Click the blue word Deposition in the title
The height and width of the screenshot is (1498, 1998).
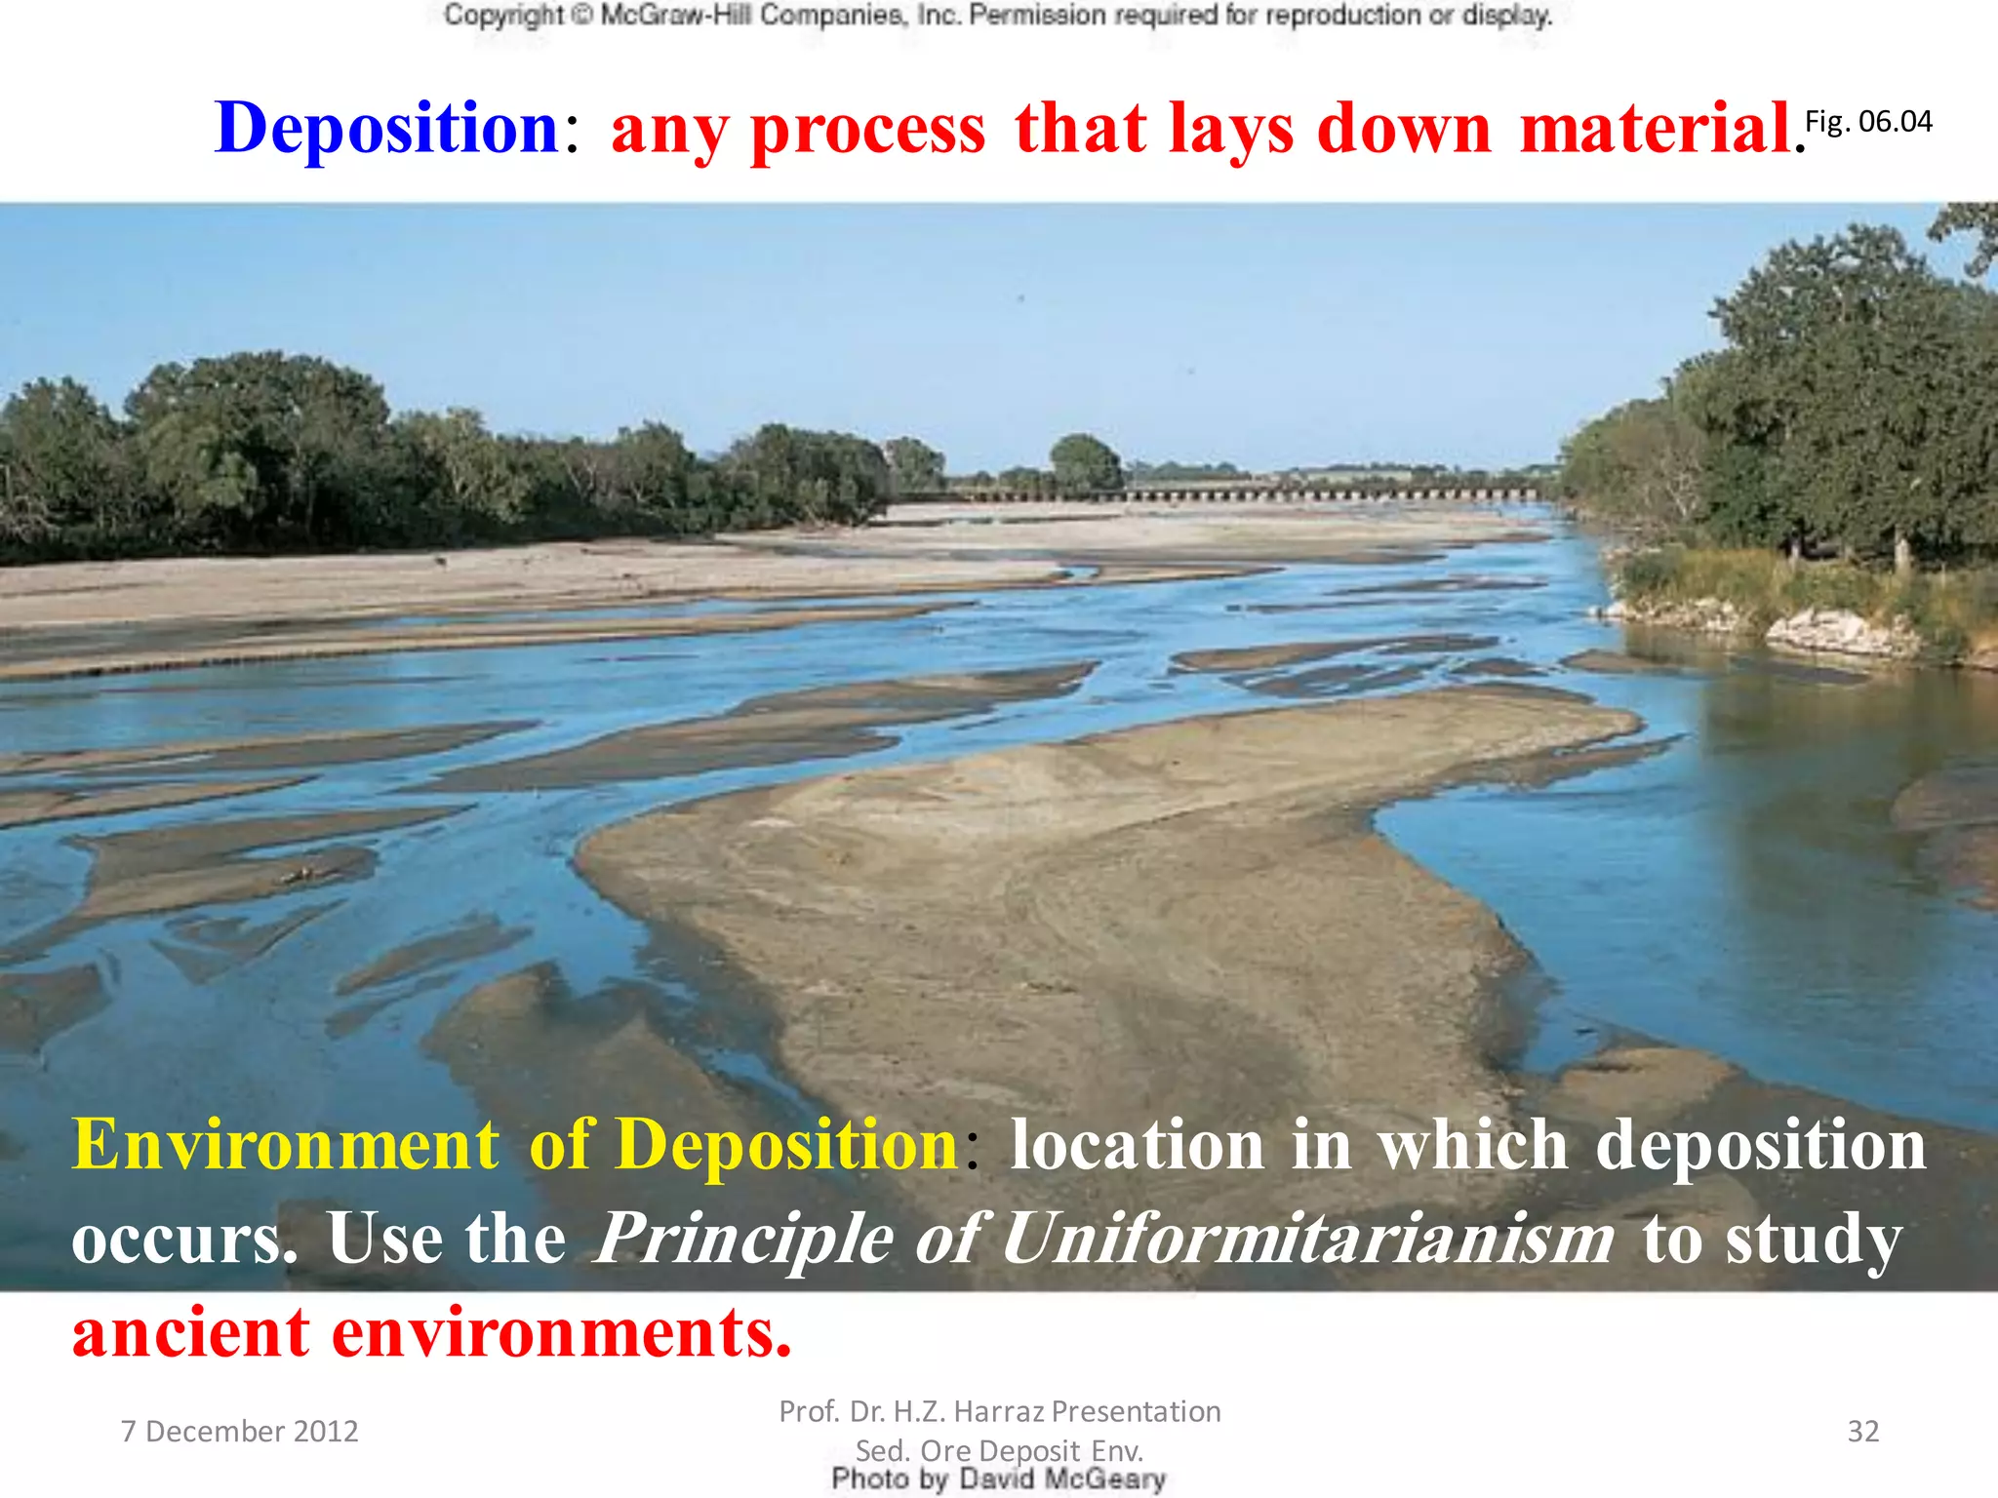pos(386,129)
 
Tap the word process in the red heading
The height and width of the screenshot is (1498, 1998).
pos(867,131)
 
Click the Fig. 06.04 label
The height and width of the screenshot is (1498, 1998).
pos(1868,122)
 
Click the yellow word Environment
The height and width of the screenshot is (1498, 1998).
pos(285,1144)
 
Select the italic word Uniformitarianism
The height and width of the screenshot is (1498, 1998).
pos(1307,1239)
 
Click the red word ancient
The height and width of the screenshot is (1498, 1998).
pos(191,1333)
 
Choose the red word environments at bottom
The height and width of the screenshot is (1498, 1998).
pos(561,1333)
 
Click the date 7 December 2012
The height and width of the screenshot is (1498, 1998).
pos(239,1431)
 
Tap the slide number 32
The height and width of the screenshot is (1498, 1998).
pos(1862,1431)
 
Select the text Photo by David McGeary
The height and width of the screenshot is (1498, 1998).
pos(998,1479)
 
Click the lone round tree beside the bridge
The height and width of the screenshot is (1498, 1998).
pos(1085,461)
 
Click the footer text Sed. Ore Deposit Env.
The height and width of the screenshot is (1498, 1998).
pos(998,1450)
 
